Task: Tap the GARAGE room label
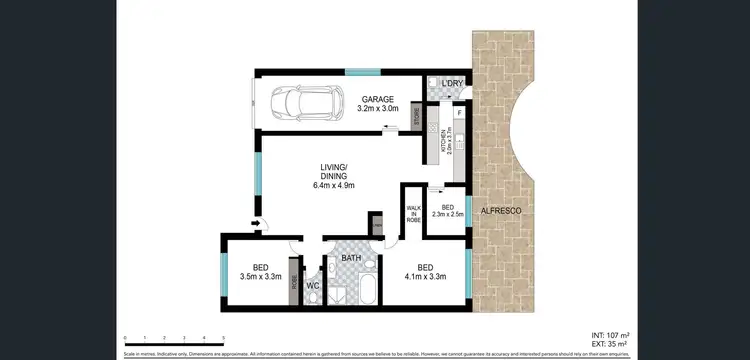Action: (x=380, y=99)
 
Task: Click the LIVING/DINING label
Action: (x=333, y=171)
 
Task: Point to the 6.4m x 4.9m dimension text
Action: (x=333, y=185)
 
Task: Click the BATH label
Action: (x=351, y=258)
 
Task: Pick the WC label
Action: (x=312, y=286)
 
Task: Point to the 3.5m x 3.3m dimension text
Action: (x=260, y=276)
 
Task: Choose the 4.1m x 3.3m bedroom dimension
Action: (x=425, y=276)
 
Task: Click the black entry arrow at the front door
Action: (x=256, y=223)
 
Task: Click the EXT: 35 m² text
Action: (x=608, y=344)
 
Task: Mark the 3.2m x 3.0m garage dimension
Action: (x=380, y=108)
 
